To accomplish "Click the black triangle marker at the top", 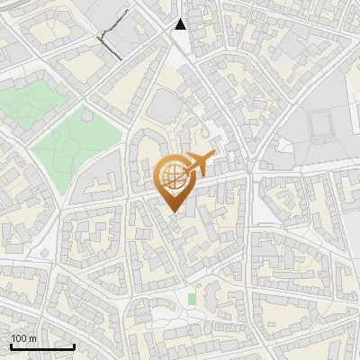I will coord(181,24).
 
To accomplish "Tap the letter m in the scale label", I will coord(34,338).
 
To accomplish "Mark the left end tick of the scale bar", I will coord(11,346).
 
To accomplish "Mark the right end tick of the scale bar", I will coord(74,346).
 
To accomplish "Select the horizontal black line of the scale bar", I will coord(42,347).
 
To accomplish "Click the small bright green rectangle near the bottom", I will coord(192,298).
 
